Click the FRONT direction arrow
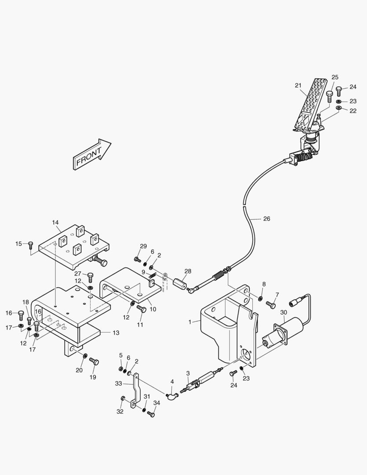pos(92,154)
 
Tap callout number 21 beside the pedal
pos(298,85)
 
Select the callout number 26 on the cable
pos(267,219)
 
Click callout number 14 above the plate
pos(55,223)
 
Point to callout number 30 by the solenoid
pos(283,313)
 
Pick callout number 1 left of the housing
pos(190,322)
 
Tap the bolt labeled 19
pos(94,362)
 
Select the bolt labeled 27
pos(91,277)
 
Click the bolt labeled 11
pos(142,309)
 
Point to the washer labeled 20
pos(84,355)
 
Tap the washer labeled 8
pos(261,299)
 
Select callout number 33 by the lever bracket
pos(118,384)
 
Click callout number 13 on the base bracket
pos(116,333)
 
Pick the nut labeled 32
pos(123,398)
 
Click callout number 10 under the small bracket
pos(153,309)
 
